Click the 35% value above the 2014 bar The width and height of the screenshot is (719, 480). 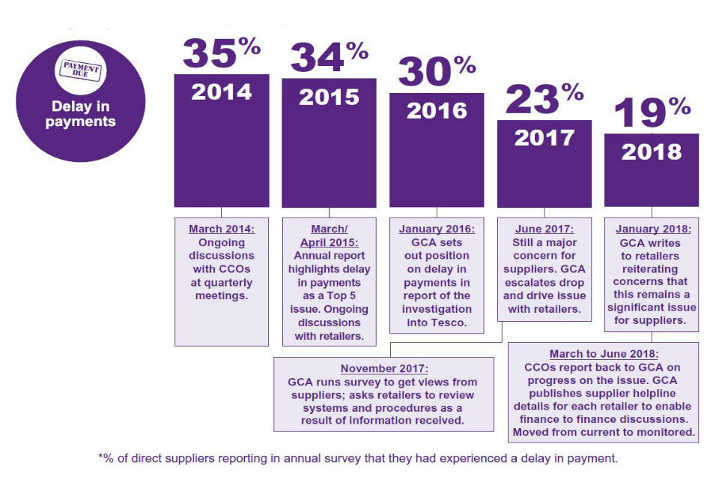pos(221,52)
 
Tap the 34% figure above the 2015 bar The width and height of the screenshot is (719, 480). pos(329,58)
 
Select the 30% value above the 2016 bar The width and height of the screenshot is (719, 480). pos(437,72)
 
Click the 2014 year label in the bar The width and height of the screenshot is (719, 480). pos(221,92)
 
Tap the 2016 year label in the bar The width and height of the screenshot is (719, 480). pos(437,111)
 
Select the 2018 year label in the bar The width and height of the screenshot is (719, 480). pos(652,151)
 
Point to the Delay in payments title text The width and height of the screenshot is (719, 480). pos(80,113)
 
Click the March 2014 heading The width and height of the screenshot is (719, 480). pos(222,229)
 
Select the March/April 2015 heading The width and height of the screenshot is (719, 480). pos(329,235)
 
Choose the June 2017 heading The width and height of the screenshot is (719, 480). pos(544,229)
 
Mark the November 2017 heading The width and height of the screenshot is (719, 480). pos(383,368)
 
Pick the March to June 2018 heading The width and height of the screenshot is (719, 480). pos(604,353)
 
